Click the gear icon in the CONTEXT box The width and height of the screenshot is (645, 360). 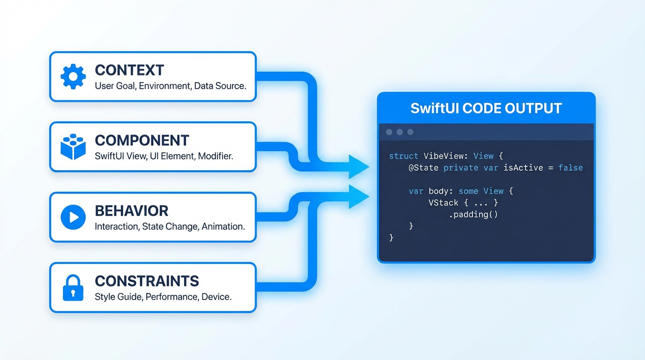click(x=73, y=76)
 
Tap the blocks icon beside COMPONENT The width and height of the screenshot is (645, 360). click(x=73, y=147)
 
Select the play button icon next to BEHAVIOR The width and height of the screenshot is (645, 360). click(x=73, y=217)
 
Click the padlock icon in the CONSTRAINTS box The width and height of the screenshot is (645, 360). click(x=73, y=287)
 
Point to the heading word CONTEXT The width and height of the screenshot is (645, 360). click(x=129, y=70)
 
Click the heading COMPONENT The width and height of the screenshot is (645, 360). click(x=142, y=141)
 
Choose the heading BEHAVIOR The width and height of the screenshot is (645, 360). click(x=131, y=211)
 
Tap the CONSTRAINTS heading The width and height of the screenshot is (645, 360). click(x=147, y=281)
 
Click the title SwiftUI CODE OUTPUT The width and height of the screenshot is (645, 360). click(x=486, y=108)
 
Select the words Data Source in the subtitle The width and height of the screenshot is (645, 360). click(x=220, y=86)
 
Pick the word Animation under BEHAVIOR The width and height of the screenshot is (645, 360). click(x=223, y=226)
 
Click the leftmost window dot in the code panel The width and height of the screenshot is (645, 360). click(x=389, y=132)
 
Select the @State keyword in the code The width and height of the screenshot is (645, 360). click(x=423, y=168)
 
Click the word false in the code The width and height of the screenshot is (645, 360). click(x=570, y=168)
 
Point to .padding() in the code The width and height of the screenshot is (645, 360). click(x=473, y=215)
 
